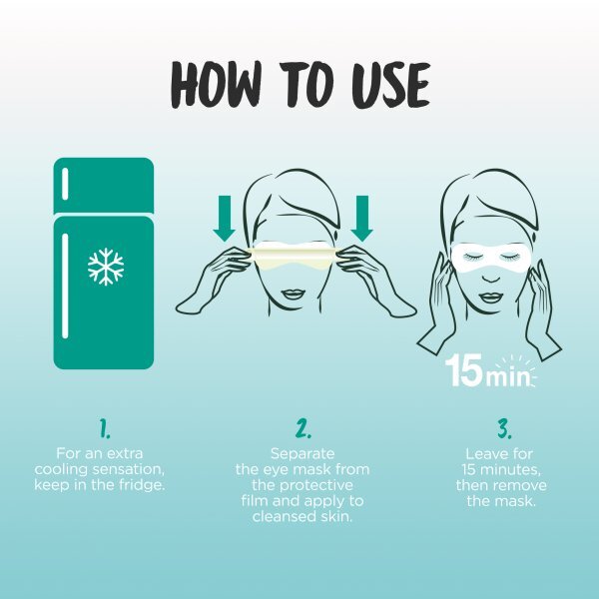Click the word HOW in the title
(x=217, y=84)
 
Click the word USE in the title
(x=390, y=85)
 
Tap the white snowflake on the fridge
(x=106, y=267)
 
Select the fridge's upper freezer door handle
(x=65, y=184)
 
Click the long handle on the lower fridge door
(x=65, y=286)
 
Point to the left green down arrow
(x=224, y=219)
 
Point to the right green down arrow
(x=361, y=219)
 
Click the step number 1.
(x=104, y=428)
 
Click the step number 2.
(x=302, y=428)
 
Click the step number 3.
(x=504, y=428)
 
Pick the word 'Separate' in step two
(x=302, y=454)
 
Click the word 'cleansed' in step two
(x=282, y=516)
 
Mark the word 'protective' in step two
(x=315, y=486)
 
